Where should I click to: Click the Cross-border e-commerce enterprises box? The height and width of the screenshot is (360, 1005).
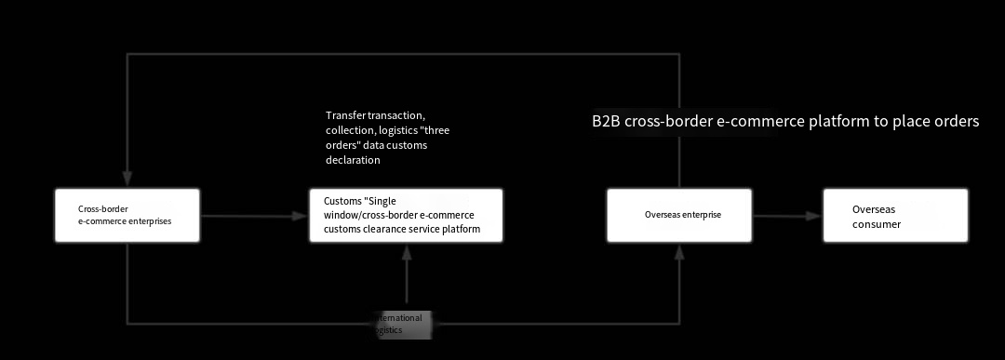(127, 216)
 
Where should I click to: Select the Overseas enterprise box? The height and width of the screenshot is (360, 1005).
(679, 216)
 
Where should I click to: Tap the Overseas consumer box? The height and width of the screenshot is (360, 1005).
(895, 216)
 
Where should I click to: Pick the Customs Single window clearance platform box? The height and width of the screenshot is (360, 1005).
(406, 216)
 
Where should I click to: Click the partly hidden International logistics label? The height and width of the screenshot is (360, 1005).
(400, 324)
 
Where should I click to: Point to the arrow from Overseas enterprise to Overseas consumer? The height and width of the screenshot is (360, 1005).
(786, 216)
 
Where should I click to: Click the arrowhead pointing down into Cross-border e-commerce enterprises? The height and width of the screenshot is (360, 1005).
(127, 180)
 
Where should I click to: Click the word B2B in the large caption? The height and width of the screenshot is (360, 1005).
(606, 122)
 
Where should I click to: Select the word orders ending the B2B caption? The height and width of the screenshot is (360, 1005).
(956, 122)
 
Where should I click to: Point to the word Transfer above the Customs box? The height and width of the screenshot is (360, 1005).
(344, 115)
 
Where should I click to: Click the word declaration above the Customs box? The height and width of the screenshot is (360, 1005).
(353, 160)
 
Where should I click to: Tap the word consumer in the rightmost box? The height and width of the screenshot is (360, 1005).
(877, 224)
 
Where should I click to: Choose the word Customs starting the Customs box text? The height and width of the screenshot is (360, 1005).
(342, 202)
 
